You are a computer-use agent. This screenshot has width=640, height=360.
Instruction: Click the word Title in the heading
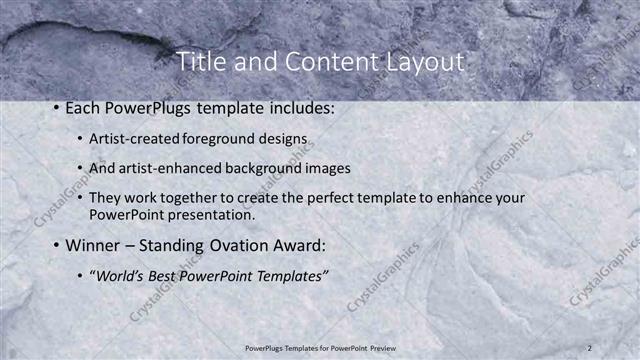pos(200,62)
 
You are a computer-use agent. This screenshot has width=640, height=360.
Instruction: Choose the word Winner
pos(93,245)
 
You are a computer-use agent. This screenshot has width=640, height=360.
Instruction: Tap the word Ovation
pos(247,245)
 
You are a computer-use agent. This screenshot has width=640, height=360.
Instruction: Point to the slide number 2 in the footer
pos(590,348)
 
